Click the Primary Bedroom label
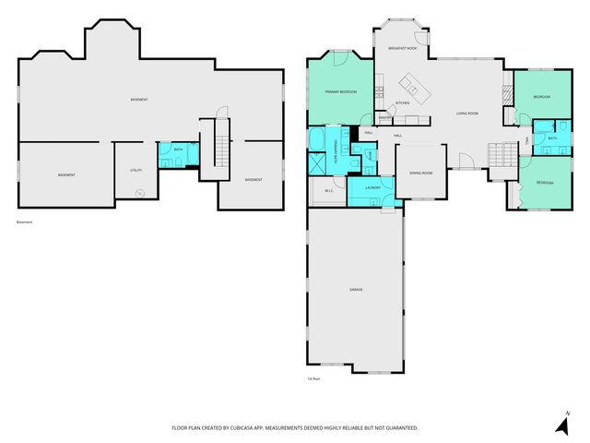(x=341, y=92)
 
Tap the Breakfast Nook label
(x=403, y=48)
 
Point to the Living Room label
(x=466, y=114)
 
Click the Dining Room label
(x=421, y=173)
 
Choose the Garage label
(x=355, y=290)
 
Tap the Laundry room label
(x=372, y=187)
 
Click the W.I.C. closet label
(x=328, y=191)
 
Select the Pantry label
(x=385, y=118)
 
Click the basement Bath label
(x=178, y=150)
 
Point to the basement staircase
(x=220, y=148)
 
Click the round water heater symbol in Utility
(x=139, y=193)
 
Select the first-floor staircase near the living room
(x=502, y=156)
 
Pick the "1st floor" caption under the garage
(x=313, y=378)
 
